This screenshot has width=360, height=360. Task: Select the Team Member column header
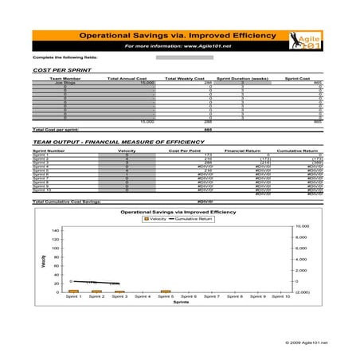[x=65, y=79]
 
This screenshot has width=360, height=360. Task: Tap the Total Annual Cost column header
[x=124, y=79]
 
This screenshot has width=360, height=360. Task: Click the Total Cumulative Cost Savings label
[x=67, y=202]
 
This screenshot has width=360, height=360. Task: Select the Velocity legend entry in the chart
[x=158, y=219]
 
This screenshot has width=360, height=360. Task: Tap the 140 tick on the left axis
[x=55, y=230]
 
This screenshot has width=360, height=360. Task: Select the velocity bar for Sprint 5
[x=165, y=292]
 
